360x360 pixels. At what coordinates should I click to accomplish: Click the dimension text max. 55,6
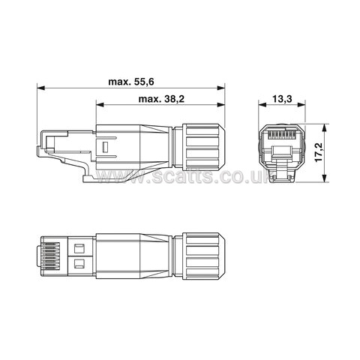131,82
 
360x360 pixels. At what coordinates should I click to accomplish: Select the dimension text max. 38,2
161,99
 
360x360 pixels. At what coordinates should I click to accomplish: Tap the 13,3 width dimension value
282,99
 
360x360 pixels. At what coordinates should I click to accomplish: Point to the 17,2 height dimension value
319,152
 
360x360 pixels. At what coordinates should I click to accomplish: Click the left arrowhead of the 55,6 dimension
40,88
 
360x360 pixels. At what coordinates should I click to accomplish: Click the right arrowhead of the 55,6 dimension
221,88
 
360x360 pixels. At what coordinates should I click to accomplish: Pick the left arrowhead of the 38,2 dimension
100,105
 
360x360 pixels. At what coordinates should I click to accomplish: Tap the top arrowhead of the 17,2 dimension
325,127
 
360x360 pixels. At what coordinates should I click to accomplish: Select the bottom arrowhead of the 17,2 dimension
325,178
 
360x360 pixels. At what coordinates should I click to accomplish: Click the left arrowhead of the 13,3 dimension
262,105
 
